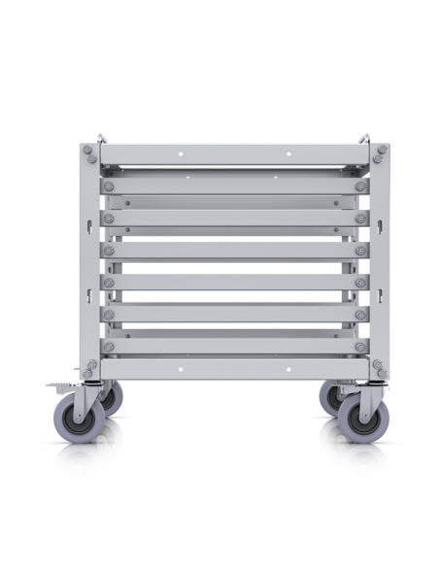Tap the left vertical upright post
[91, 262]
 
